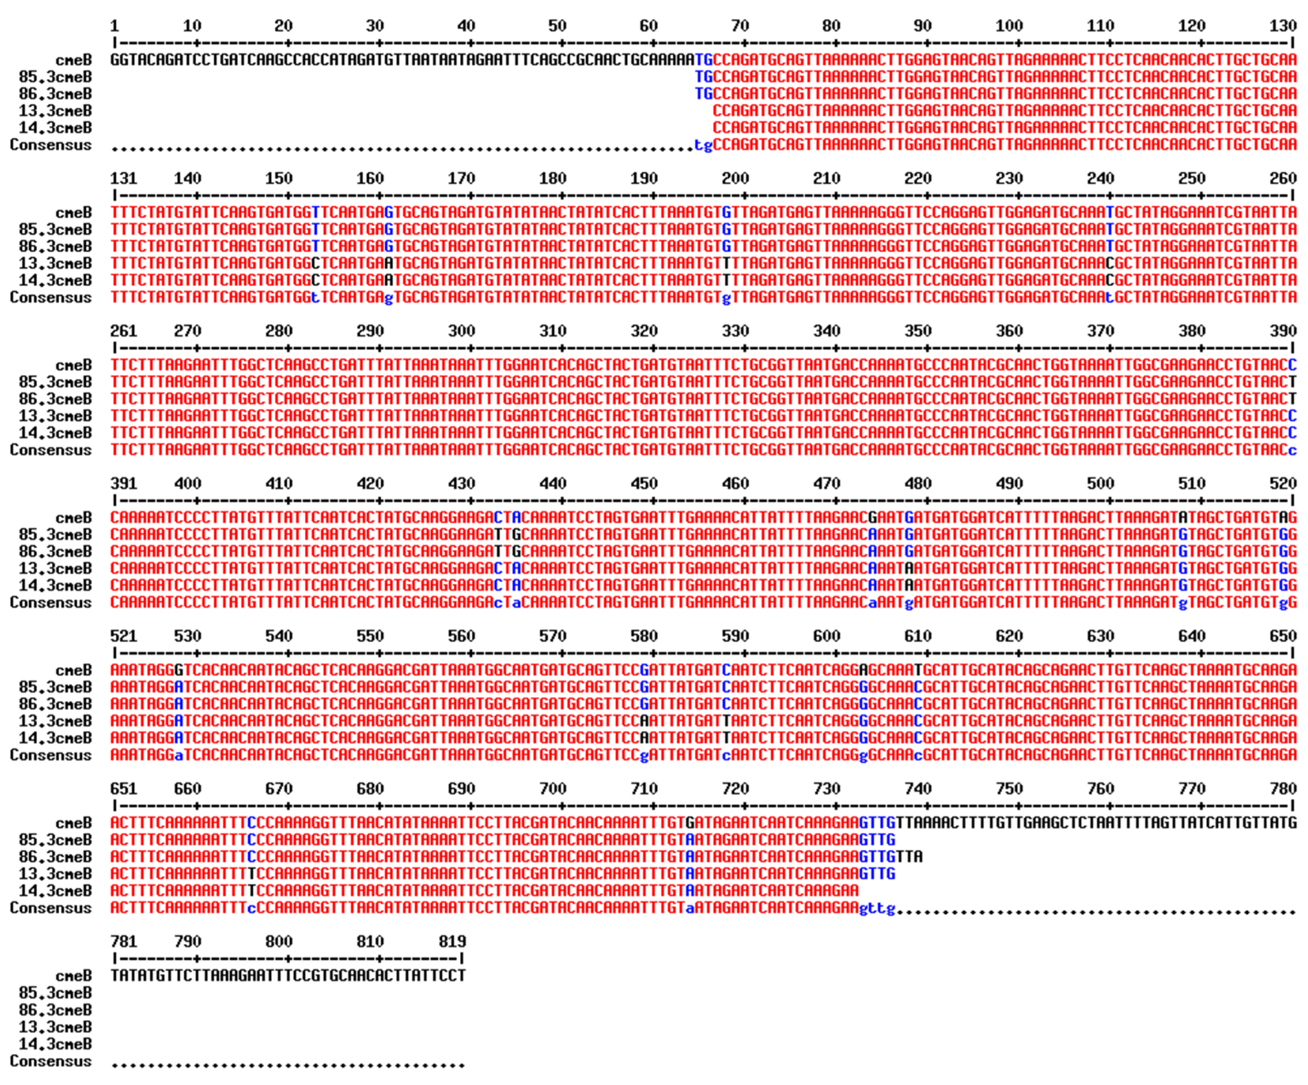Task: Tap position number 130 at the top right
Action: (1283, 26)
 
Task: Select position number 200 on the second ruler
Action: (735, 178)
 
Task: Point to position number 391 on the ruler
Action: (123, 484)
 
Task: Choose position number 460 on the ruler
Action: (735, 484)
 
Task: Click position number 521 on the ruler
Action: (123, 636)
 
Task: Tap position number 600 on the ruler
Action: (827, 636)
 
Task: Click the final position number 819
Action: (452, 942)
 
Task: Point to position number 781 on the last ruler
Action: (123, 942)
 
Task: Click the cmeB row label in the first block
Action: (74, 60)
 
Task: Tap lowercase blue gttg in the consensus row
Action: (877, 909)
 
